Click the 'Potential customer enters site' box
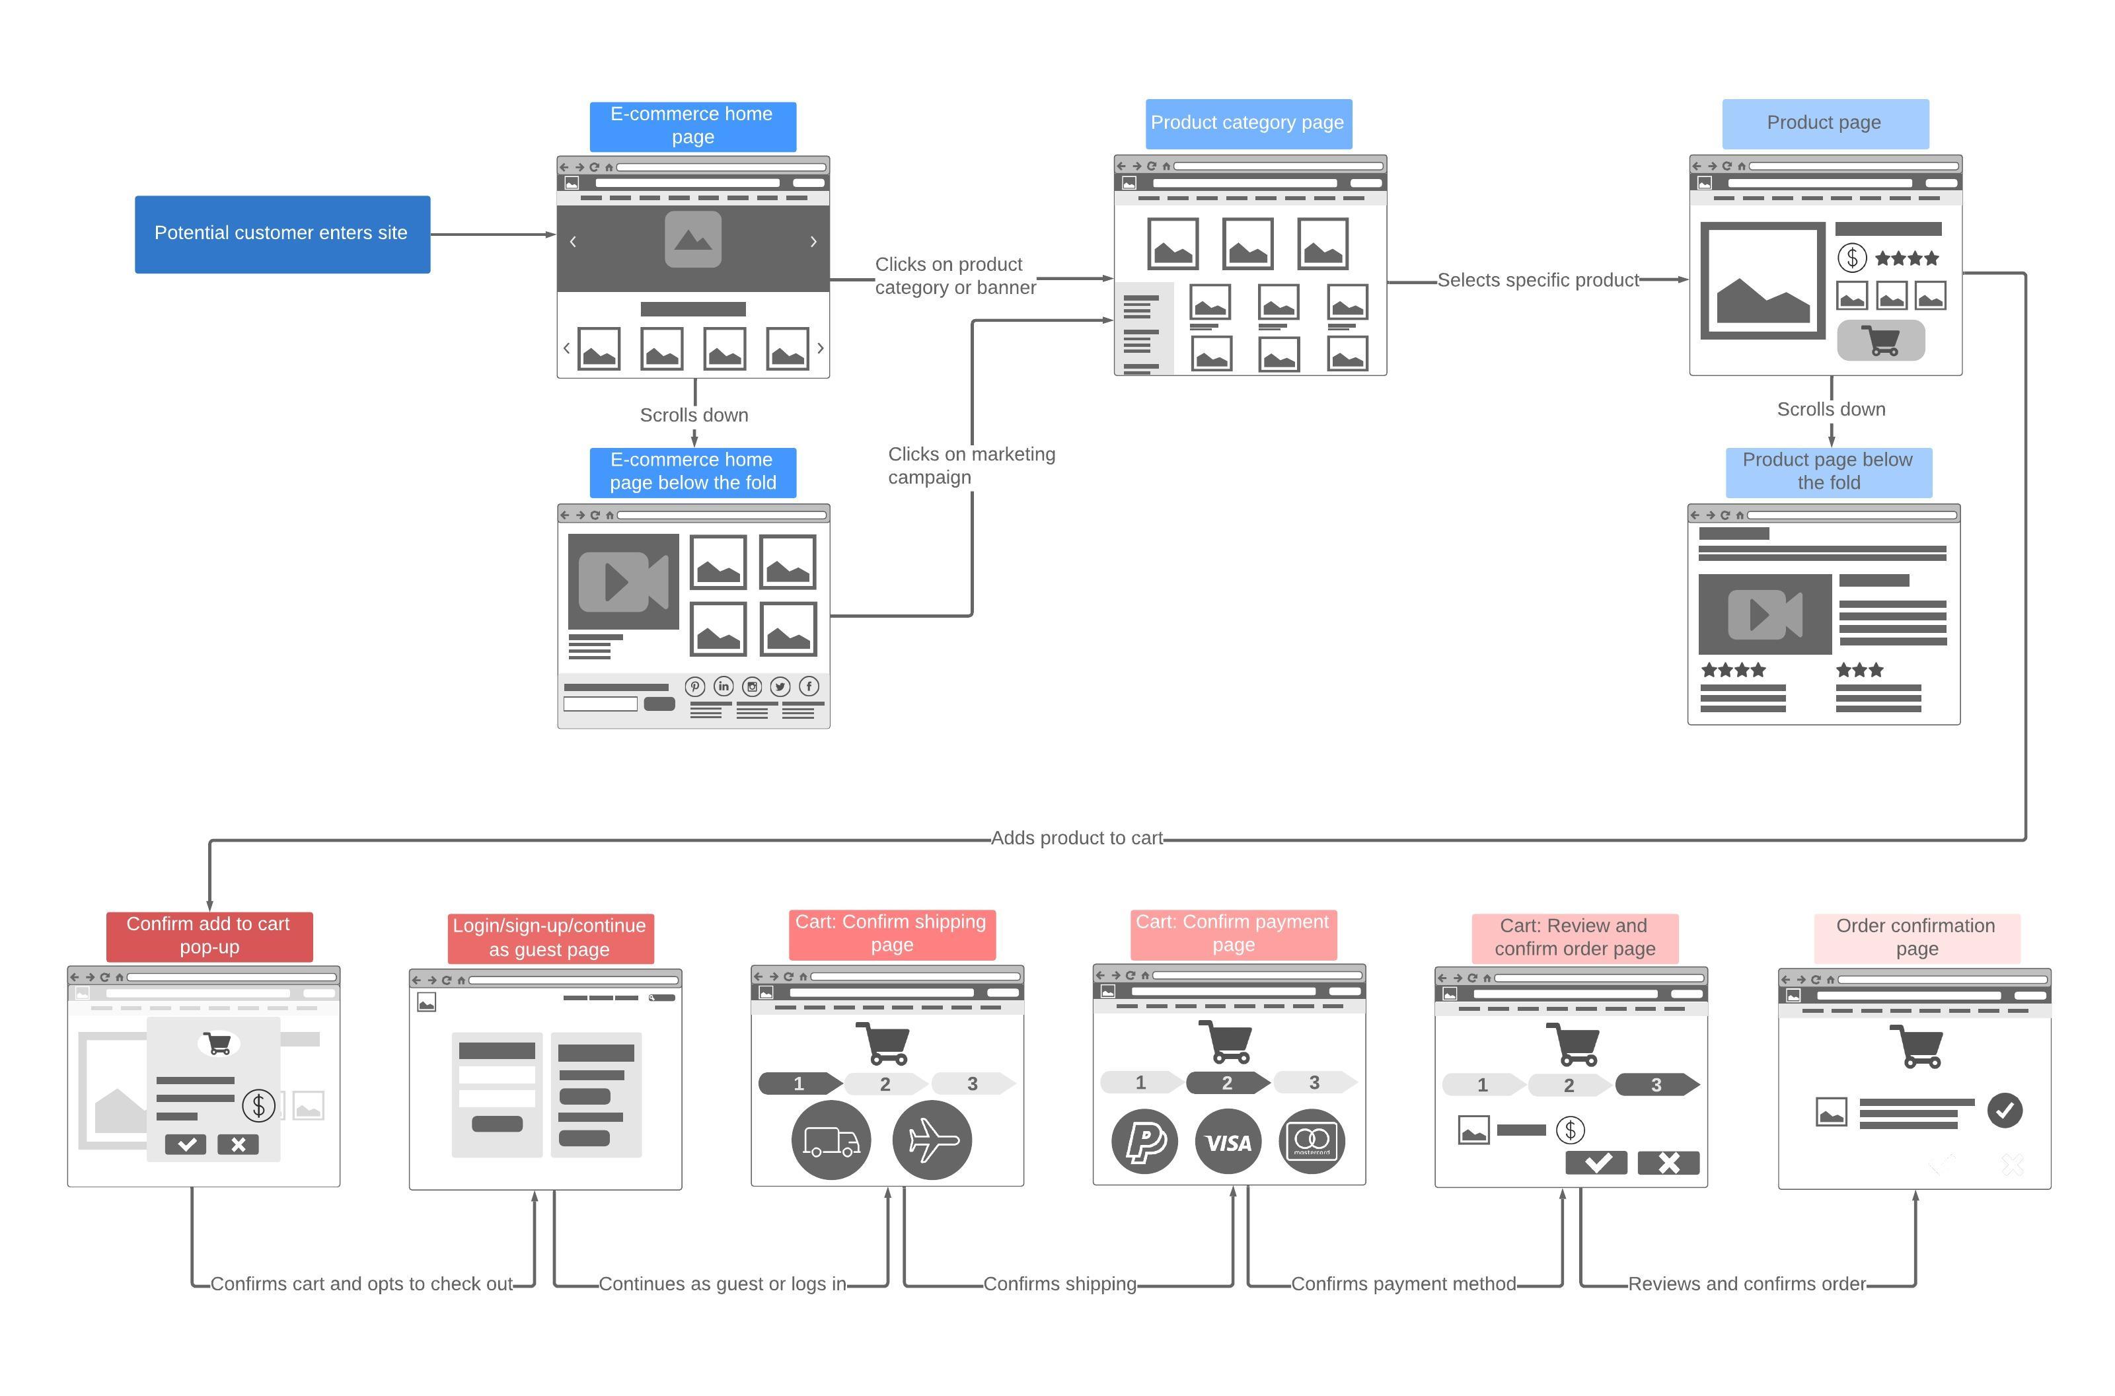[282, 234]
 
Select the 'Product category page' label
[1248, 124]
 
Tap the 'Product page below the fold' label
[1828, 472]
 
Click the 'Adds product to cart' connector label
[1077, 838]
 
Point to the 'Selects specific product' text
[1538, 280]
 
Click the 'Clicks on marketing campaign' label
[971, 466]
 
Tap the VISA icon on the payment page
[1228, 1142]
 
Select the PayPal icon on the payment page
[1145, 1142]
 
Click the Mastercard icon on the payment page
[1312, 1142]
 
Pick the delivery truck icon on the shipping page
[831, 1140]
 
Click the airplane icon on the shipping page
[932, 1140]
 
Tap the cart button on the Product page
[1881, 341]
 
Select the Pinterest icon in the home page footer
[695, 686]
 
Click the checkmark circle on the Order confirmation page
[2005, 1110]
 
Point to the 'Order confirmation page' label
[1917, 938]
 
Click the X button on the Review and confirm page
[1668, 1163]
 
